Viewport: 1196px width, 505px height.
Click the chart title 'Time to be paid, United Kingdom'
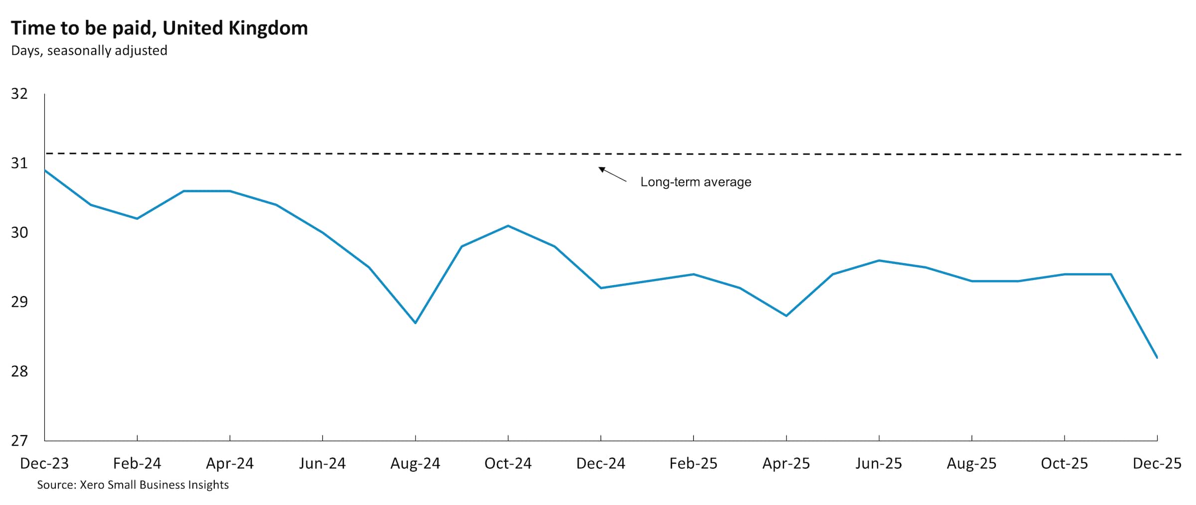(x=159, y=28)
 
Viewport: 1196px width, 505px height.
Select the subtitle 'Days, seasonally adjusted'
(x=89, y=51)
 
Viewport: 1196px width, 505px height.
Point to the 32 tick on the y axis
(x=19, y=94)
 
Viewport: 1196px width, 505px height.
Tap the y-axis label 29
(x=19, y=302)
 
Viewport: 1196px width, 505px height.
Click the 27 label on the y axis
(x=19, y=441)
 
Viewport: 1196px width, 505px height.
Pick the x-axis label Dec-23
(x=44, y=464)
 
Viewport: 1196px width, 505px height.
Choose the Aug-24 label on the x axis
(x=415, y=464)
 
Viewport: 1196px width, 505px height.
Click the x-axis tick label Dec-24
(x=600, y=464)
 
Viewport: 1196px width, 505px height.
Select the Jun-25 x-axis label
(x=879, y=464)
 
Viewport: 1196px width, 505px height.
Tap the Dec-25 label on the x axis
(x=1157, y=464)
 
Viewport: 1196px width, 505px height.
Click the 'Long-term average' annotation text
(x=696, y=182)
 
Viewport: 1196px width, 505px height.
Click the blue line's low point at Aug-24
(x=415, y=323)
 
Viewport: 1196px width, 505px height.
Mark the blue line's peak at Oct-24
(x=508, y=226)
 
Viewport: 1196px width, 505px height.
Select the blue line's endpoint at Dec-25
(x=1157, y=357)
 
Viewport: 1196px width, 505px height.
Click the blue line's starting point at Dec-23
(x=45, y=170)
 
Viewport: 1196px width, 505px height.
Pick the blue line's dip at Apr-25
(x=786, y=316)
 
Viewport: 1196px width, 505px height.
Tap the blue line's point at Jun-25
(x=879, y=260)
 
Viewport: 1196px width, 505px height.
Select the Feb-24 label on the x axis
(x=137, y=464)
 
